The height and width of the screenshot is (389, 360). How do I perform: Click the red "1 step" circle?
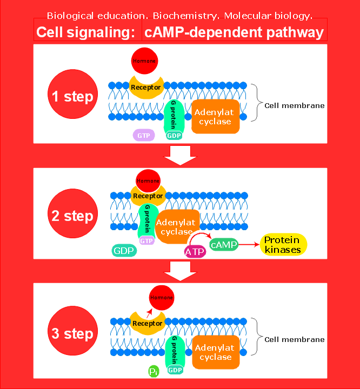click(x=72, y=97)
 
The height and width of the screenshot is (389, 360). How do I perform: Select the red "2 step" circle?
click(x=72, y=216)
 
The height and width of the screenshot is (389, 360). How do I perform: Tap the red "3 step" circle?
click(x=72, y=333)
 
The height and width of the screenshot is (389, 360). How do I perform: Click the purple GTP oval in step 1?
click(x=144, y=136)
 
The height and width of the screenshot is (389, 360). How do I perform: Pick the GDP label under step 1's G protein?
click(x=174, y=136)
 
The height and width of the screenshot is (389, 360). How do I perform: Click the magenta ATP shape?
click(x=195, y=251)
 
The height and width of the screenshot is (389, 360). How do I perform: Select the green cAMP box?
click(x=224, y=245)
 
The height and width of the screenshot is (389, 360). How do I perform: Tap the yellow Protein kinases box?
click(x=283, y=245)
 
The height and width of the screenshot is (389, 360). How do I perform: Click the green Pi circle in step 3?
click(x=154, y=371)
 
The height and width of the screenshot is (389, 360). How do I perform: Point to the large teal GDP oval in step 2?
click(x=125, y=251)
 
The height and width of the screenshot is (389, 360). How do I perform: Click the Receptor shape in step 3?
click(x=147, y=324)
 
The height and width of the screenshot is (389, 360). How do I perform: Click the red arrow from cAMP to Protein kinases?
click(x=249, y=245)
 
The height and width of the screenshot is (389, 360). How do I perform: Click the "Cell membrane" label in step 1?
click(x=294, y=105)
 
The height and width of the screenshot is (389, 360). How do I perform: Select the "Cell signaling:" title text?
click(x=85, y=33)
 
